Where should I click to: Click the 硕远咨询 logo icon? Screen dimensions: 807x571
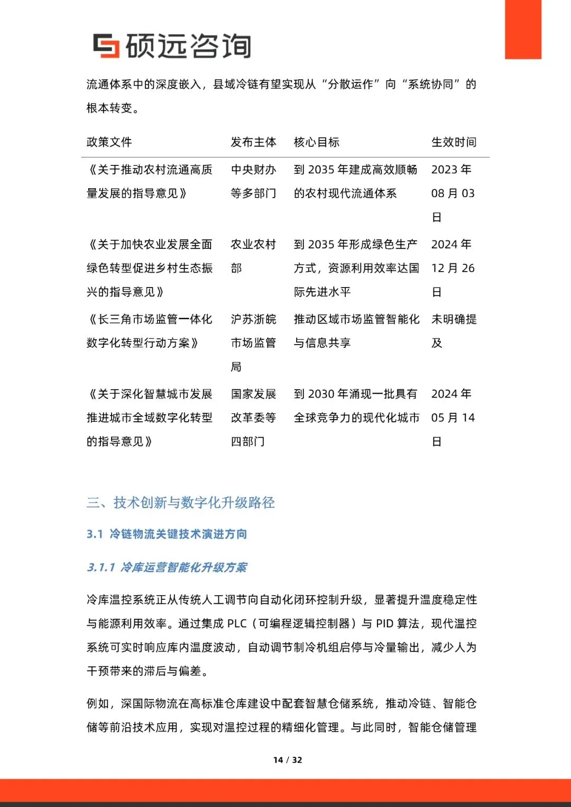106,45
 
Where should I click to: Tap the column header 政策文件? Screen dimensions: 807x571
109,142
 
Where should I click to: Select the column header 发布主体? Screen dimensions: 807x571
253,142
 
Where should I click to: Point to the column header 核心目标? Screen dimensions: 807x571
317,142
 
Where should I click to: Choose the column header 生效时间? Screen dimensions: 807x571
454,142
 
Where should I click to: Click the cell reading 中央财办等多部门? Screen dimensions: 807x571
253,181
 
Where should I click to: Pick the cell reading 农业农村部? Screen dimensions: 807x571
253,256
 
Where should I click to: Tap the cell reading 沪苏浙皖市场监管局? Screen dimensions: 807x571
253,342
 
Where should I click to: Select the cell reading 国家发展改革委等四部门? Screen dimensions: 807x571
253,418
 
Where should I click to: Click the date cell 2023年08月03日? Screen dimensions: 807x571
453,193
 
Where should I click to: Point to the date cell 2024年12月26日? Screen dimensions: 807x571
453,268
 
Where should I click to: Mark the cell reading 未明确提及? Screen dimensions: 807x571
454,331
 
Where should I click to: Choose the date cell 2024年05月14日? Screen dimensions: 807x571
453,418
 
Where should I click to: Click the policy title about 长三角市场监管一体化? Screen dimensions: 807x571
149,331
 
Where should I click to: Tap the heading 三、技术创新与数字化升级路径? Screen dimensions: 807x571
181,503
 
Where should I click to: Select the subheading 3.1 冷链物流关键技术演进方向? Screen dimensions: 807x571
167,534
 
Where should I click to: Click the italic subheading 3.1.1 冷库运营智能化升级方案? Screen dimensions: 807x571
167,568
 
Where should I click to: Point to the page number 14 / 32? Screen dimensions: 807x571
288,760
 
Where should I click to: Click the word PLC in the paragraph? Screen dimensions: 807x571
236,624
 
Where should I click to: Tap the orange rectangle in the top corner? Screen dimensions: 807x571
523,29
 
